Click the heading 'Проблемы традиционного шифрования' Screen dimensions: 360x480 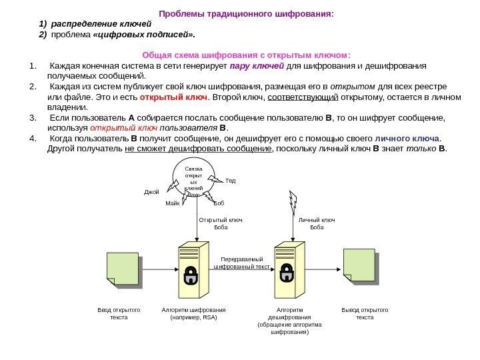pyautogui.click(x=246, y=13)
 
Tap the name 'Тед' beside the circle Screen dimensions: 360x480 pyautogui.click(x=231, y=181)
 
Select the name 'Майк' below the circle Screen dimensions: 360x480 pyautogui.click(x=173, y=202)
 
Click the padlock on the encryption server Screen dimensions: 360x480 pyautogui.click(x=191, y=274)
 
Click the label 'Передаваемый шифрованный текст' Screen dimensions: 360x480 pyautogui.click(x=241, y=262)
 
